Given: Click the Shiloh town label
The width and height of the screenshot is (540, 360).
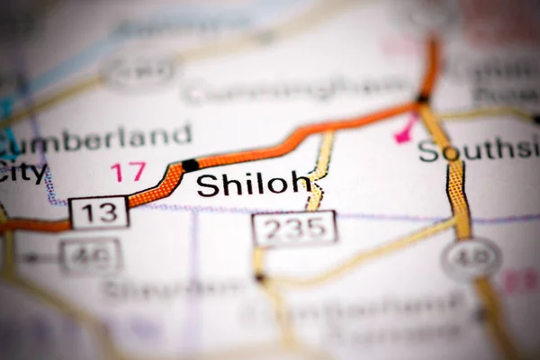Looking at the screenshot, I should click(253, 184).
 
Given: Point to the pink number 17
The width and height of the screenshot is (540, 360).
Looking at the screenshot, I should click(128, 171).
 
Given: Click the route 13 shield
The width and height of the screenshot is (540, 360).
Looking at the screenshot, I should click(98, 212).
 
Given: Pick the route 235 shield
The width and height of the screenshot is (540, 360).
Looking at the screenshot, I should click(294, 229).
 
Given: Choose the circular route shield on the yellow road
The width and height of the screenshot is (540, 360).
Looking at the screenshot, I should click(471, 259).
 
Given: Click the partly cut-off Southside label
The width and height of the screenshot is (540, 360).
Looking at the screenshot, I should click(478, 150).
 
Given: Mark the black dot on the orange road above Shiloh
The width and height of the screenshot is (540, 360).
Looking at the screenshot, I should click(190, 165).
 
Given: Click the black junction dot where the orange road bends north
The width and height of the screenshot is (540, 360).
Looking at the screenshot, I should click(423, 98).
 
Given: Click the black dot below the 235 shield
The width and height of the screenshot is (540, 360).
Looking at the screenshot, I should click(260, 278).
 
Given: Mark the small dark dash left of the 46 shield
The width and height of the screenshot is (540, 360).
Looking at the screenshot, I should click(32, 258).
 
